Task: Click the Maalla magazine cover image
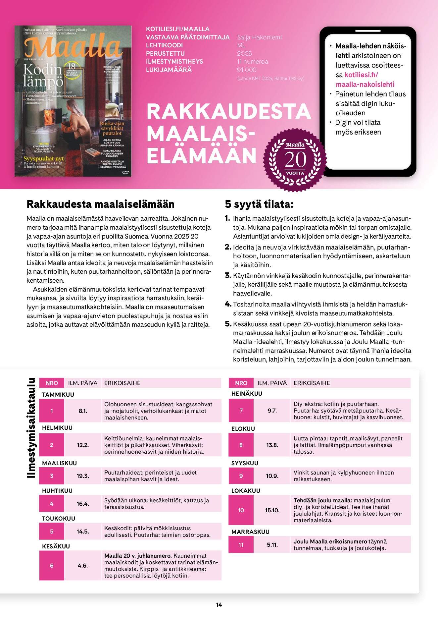pos(73,101)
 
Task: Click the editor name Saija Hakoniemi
pos(260,37)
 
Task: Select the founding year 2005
pos(244,54)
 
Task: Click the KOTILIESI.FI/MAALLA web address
pos(178,29)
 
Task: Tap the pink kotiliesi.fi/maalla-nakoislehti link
pos(365,80)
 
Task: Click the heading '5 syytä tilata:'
pos(259,204)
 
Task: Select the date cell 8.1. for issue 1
pos(83,411)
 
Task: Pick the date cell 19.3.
pos(83,476)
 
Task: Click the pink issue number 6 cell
pos(52,566)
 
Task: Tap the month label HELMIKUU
pos(57,428)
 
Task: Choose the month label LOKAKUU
pos(246,491)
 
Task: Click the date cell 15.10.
pos(272,510)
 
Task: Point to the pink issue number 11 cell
pos(241,545)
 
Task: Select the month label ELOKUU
pos(243,429)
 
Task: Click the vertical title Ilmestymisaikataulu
pos(31,428)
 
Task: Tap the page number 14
pos(219,605)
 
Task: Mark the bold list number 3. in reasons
pos(228,276)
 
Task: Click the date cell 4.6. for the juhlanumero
pos(83,566)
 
